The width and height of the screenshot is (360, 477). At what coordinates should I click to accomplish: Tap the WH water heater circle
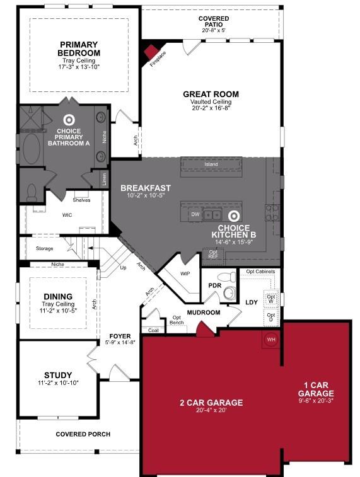pos(271,340)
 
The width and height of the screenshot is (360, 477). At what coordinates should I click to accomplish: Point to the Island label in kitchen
pos(211,164)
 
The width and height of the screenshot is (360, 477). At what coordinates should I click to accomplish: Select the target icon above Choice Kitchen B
pos(234,216)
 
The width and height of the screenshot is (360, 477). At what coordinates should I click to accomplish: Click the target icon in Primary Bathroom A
pos(69,118)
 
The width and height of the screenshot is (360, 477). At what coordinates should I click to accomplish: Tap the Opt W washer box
pos(271,298)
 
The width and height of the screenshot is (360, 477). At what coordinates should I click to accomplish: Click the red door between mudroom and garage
pos(203,329)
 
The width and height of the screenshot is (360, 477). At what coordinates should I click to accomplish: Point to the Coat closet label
pos(153,330)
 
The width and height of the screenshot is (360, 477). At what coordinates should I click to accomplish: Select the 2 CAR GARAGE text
pos(211,403)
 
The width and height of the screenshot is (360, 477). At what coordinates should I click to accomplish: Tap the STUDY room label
pos(57,376)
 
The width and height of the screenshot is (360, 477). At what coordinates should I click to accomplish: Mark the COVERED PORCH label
pos(83,434)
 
